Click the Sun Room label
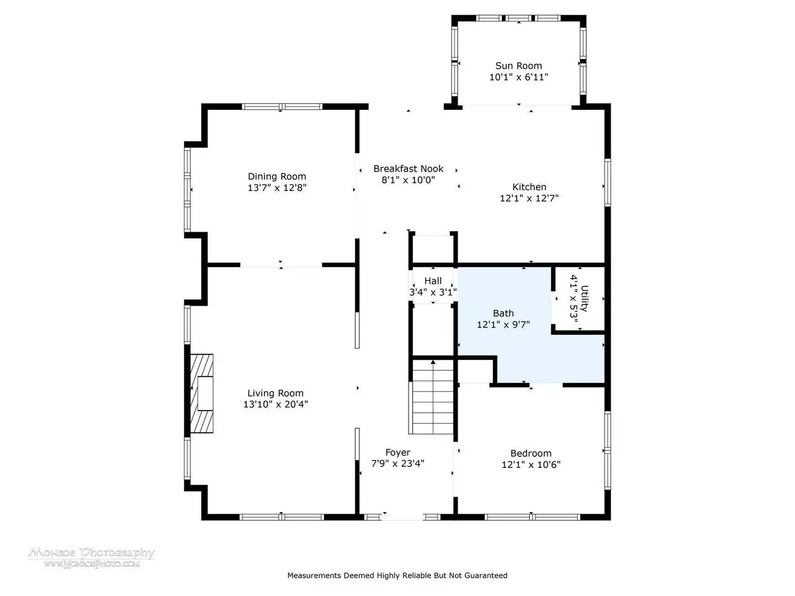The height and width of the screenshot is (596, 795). click(x=518, y=66)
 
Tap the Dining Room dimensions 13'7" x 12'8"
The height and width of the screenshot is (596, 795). click(x=277, y=188)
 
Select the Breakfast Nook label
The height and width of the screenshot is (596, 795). click(x=408, y=169)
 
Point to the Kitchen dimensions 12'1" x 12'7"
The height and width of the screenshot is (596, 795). click(x=529, y=198)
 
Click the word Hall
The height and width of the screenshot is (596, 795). click(x=433, y=281)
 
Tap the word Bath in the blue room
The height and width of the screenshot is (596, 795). click(x=503, y=313)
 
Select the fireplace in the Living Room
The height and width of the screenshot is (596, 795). click(x=202, y=393)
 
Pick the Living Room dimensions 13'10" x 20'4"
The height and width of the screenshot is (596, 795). click(x=275, y=404)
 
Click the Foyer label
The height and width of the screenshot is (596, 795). click(x=397, y=453)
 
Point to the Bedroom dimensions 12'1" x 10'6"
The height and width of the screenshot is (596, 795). click(x=531, y=465)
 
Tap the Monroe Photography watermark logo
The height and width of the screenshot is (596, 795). click(x=91, y=557)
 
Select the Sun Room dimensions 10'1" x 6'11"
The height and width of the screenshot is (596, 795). click(x=518, y=77)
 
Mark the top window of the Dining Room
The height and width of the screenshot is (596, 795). click(x=282, y=107)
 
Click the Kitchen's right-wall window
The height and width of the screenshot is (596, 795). click(x=607, y=183)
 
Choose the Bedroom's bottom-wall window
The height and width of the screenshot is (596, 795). click(x=532, y=517)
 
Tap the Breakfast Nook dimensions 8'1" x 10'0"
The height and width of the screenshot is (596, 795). click(x=408, y=180)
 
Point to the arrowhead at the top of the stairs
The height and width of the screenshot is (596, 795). click(x=433, y=362)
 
